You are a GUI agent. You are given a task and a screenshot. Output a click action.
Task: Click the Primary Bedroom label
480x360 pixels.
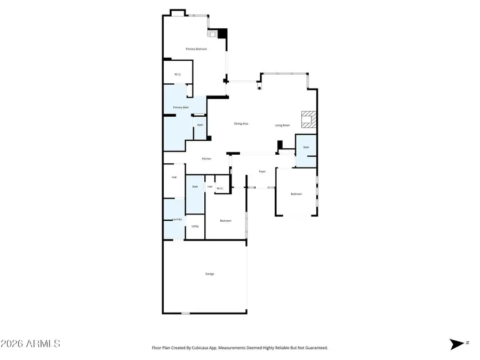click(x=196, y=49)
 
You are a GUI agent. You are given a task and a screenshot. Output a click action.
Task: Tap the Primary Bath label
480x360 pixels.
click(x=181, y=108)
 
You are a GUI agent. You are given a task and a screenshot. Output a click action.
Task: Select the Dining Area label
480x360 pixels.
click(x=242, y=124)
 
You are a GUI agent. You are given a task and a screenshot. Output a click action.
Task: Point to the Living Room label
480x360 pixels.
click(x=282, y=125)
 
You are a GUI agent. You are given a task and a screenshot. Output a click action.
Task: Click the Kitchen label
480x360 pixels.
click(x=206, y=158)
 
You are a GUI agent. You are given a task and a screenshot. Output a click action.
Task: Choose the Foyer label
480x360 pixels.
click(x=262, y=172)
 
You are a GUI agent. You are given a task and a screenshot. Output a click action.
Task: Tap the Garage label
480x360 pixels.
click(x=210, y=274)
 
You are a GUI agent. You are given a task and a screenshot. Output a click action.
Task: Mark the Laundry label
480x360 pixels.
click(x=177, y=219)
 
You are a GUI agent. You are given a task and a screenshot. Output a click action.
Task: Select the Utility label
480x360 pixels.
click(x=195, y=226)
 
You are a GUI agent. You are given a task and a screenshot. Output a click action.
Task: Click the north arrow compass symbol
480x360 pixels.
click(x=457, y=344)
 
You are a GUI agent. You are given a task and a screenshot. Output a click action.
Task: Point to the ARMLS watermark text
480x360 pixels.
click(x=30, y=343)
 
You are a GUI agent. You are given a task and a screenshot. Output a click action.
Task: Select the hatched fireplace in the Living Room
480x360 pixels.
click(x=308, y=119)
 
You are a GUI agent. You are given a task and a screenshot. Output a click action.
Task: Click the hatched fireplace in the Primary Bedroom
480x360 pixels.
click(x=212, y=34)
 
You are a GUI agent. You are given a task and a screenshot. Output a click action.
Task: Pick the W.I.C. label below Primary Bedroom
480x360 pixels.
click(x=178, y=74)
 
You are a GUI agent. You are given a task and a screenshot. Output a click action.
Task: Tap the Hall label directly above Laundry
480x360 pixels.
click(x=174, y=177)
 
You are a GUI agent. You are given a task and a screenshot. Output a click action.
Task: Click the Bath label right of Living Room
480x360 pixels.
click(x=306, y=147)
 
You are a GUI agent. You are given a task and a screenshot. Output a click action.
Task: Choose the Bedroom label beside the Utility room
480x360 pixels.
click(x=226, y=220)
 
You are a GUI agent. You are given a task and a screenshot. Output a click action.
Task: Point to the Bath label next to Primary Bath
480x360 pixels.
click(x=200, y=125)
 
